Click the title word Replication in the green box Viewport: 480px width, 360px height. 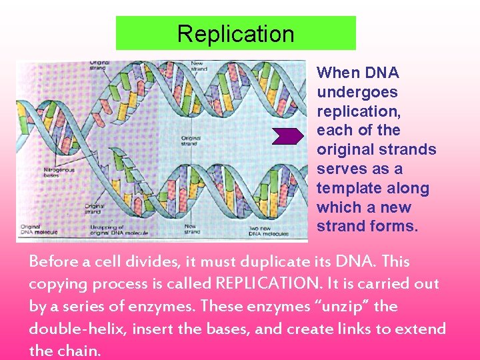point(235,34)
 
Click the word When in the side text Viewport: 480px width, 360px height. point(339,73)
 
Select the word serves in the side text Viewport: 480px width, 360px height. point(339,169)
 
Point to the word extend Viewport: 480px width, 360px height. point(422,329)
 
